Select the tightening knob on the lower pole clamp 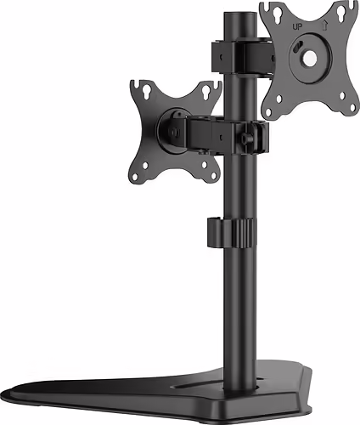coord(248,133)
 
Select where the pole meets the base coord(247,378)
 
